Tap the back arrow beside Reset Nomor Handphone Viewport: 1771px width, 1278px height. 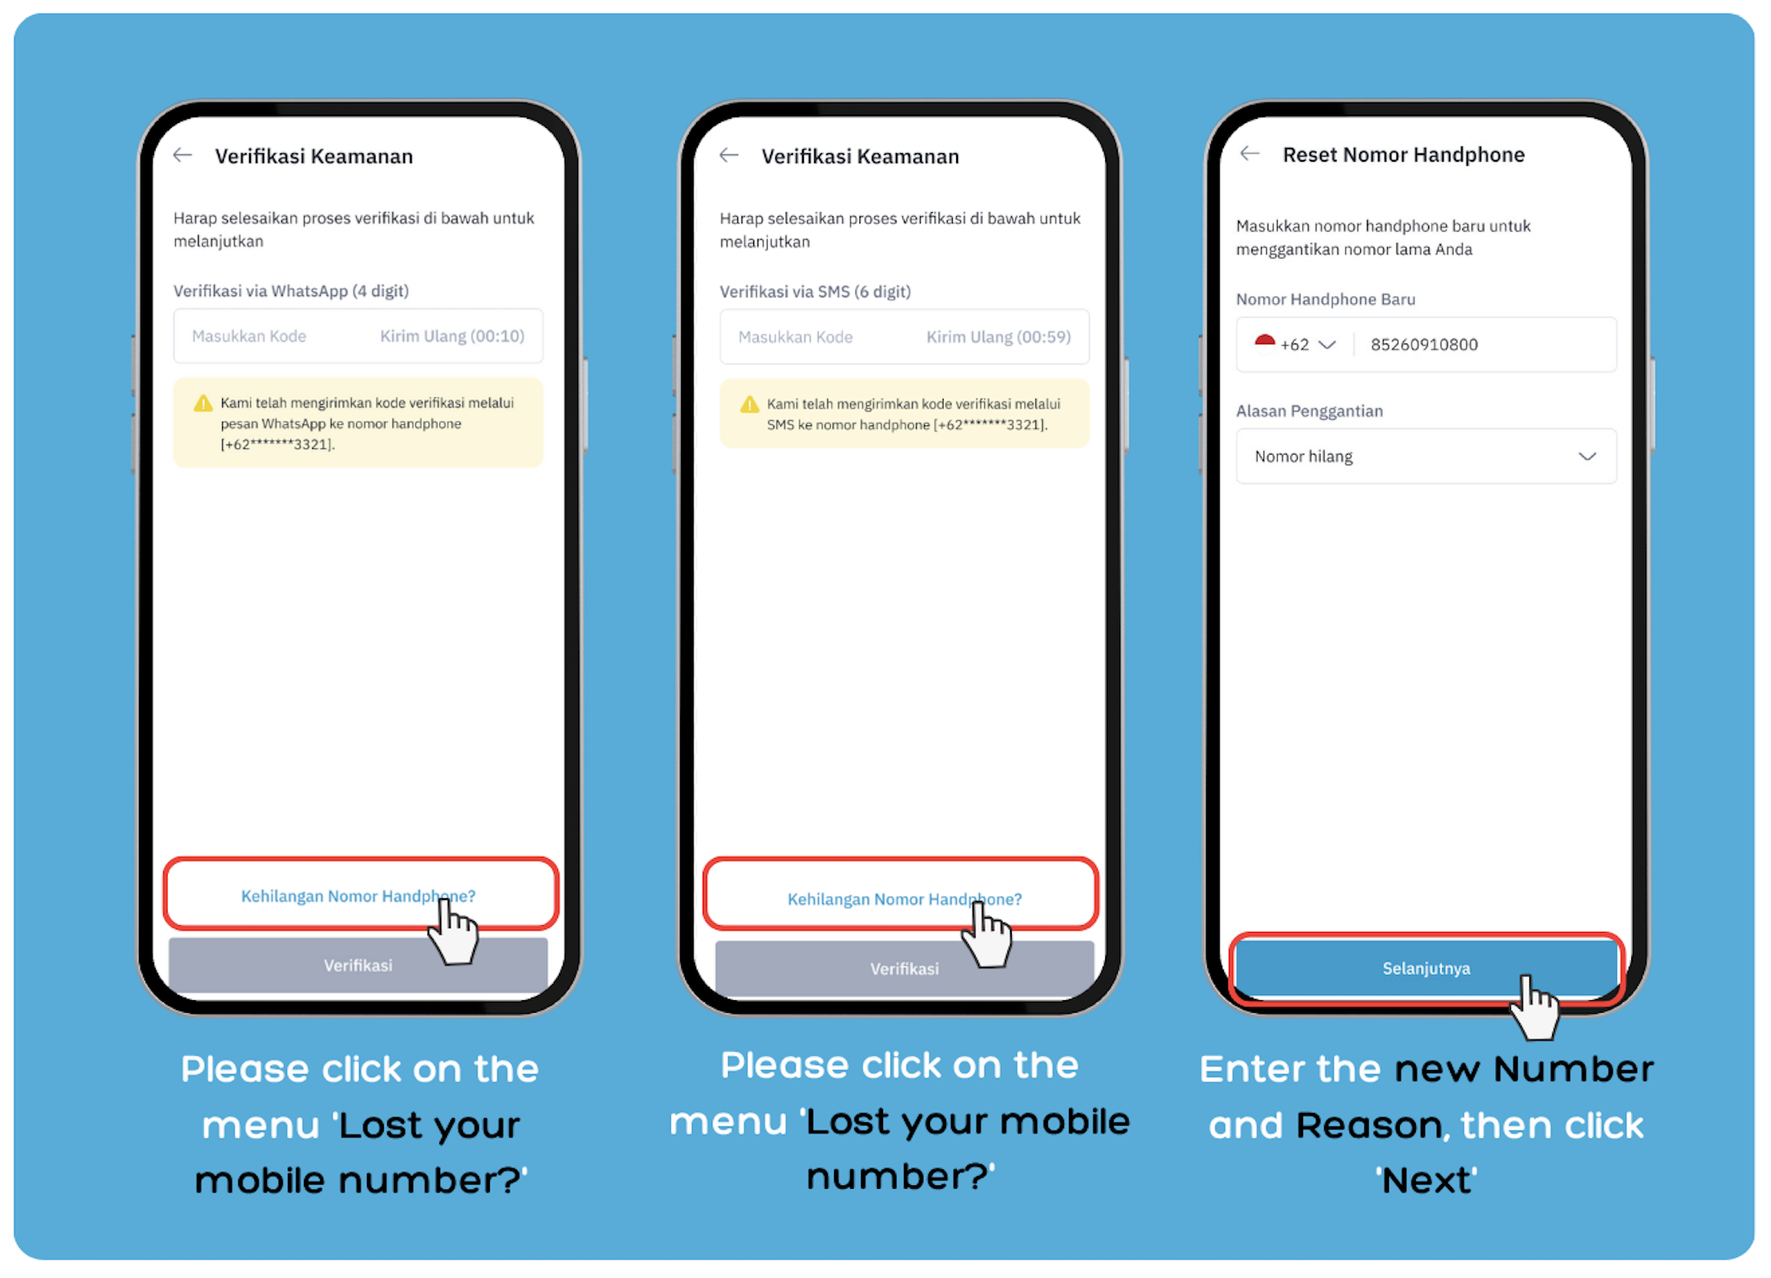tap(1250, 153)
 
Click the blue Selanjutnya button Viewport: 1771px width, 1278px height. tap(1426, 968)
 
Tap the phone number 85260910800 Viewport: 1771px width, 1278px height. tap(1423, 344)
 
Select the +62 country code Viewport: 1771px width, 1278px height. tap(1295, 344)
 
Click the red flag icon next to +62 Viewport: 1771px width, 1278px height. tap(1264, 341)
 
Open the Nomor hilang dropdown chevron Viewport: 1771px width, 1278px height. tap(1587, 456)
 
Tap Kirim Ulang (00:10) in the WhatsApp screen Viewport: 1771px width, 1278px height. tap(452, 336)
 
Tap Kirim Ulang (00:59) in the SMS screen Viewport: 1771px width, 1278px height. tap(998, 337)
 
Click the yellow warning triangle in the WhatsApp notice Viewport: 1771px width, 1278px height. tap(203, 403)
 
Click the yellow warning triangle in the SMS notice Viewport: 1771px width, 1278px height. tap(749, 404)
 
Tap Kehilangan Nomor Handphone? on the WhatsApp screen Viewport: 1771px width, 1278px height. tap(358, 896)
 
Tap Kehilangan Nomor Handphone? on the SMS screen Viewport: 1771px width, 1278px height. tap(904, 899)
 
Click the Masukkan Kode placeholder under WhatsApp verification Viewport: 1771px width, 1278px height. tap(249, 336)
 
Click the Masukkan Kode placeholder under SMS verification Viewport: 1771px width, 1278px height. tap(795, 337)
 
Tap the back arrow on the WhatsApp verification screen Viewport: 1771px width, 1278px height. tap(183, 155)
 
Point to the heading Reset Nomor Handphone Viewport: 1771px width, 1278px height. tap(1403, 154)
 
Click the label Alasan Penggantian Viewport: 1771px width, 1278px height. tap(1309, 411)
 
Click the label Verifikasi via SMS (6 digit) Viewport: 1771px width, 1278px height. tap(815, 291)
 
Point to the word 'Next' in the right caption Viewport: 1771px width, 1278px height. tap(1427, 1179)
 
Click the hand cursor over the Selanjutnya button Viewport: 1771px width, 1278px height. tap(1534, 1009)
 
